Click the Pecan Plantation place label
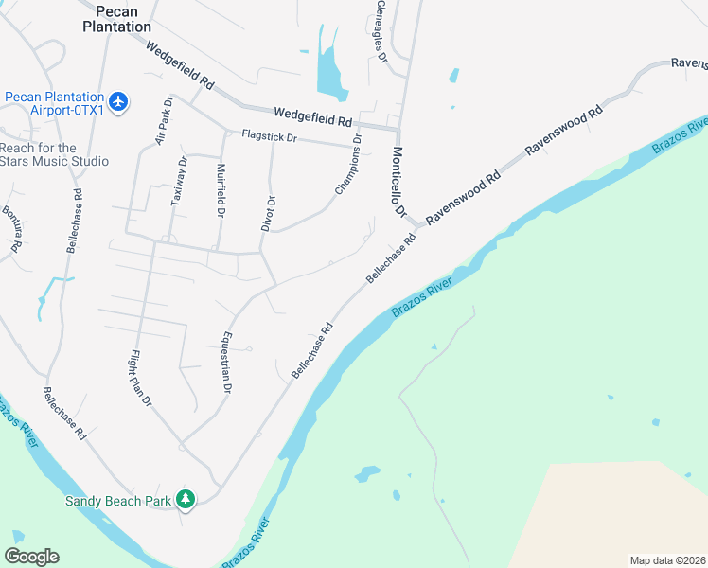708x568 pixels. [x=116, y=19]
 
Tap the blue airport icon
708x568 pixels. [x=118, y=101]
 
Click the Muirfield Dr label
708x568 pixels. [x=221, y=192]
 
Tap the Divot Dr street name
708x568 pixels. [x=270, y=213]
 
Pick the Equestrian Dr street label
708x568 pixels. [x=227, y=361]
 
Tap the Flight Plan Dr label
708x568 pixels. [x=141, y=378]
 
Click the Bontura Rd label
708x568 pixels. [x=10, y=228]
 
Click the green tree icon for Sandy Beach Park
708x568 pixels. [x=186, y=499]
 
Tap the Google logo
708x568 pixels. [x=31, y=557]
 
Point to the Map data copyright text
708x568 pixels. [x=668, y=560]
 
